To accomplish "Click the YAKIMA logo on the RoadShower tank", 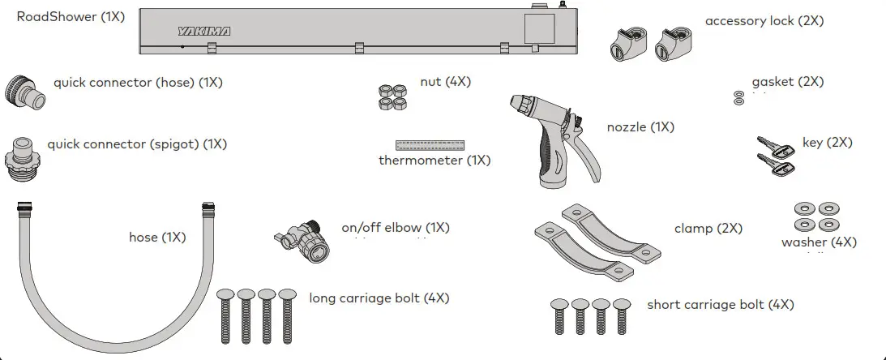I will [204, 32].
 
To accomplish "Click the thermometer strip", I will [430, 146].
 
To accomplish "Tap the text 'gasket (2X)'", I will [787, 82].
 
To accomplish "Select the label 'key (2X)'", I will [827, 143].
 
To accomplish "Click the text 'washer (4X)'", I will [818, 242].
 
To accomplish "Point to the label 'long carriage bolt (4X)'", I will [379, 298].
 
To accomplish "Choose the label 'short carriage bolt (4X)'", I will [720, 305].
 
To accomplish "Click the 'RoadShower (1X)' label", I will [71, 17].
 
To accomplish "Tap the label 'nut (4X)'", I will [445, 82].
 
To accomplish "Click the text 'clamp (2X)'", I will [708, 229].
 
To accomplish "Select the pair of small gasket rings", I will [737, 98].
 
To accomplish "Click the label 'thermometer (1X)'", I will [434, 161].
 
